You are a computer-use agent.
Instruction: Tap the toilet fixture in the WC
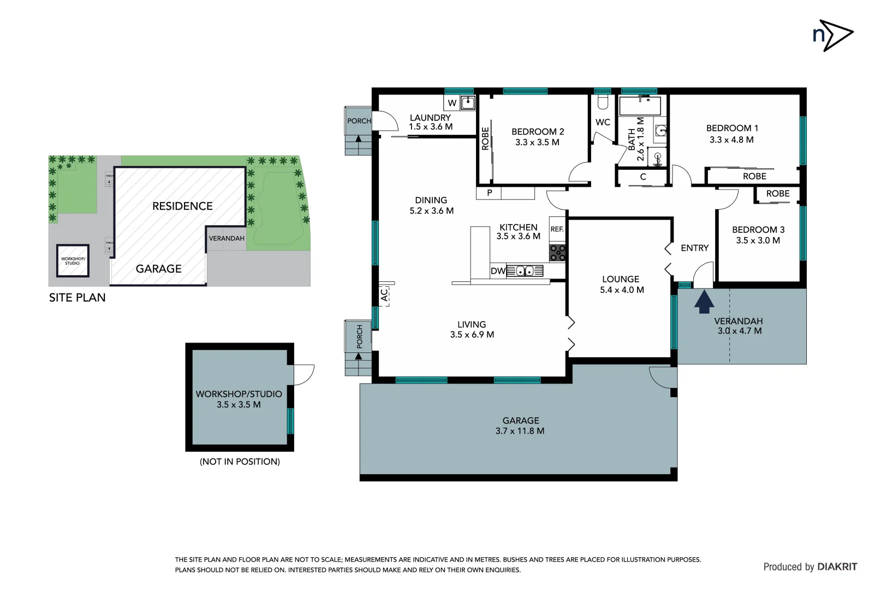[603, 103]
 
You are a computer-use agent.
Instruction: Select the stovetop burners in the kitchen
[557, 252]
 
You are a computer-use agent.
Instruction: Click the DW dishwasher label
[497, 271]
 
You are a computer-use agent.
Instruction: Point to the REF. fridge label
[557, 229]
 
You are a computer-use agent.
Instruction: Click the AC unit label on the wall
[384, 295]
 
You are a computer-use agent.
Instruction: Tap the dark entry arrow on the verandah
[704, 302]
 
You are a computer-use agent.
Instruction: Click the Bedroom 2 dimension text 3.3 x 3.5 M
[537, 143]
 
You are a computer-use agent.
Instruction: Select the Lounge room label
[621, 279]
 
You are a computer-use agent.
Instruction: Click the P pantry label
[490, 193]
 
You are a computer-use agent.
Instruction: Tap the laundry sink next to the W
[468, 103]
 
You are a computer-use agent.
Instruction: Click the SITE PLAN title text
[78, 298]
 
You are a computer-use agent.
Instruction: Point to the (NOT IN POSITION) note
[240, 462]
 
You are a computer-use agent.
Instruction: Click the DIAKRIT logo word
[837, 567]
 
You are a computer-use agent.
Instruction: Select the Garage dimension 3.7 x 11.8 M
[520, 431]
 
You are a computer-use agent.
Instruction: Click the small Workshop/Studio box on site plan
[73, 261]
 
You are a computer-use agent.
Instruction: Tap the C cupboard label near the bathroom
[643, 177]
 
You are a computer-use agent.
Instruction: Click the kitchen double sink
[525, 271]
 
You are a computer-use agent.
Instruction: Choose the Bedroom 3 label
[758, 230]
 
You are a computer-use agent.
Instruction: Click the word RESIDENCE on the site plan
[182, 206]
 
